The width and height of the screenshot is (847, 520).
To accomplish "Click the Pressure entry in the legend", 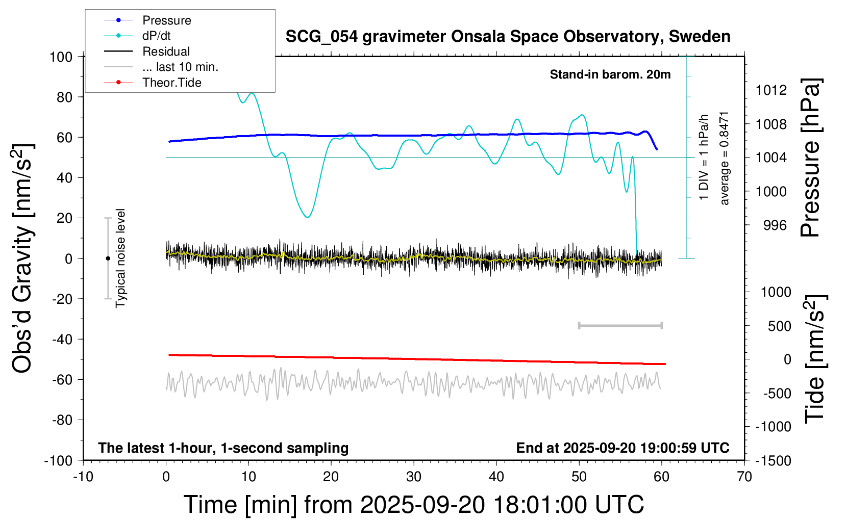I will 166,20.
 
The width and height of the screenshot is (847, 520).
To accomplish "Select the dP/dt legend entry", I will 156,36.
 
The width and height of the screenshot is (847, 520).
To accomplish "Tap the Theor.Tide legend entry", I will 171,83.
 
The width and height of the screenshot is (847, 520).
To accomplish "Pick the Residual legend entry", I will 166,51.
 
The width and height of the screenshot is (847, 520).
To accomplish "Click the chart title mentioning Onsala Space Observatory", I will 508,37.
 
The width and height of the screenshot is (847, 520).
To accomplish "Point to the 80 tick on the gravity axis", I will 64,97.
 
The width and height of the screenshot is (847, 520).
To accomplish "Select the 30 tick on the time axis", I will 414,477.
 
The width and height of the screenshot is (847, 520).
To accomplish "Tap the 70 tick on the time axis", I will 744,477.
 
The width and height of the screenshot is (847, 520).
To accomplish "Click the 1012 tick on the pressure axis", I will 771,90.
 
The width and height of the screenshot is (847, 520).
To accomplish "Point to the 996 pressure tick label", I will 775,225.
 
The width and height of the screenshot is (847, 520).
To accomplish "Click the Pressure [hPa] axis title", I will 810,158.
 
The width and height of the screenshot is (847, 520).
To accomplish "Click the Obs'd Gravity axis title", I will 23,258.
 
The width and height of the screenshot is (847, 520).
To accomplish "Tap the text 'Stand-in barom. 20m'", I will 610,74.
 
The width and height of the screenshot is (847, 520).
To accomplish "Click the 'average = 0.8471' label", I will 725,158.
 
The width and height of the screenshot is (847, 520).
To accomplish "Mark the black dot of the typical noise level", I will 108,258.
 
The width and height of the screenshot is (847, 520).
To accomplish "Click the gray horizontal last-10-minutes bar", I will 620,325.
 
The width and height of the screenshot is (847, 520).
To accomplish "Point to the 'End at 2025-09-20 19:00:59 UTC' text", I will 622,448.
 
